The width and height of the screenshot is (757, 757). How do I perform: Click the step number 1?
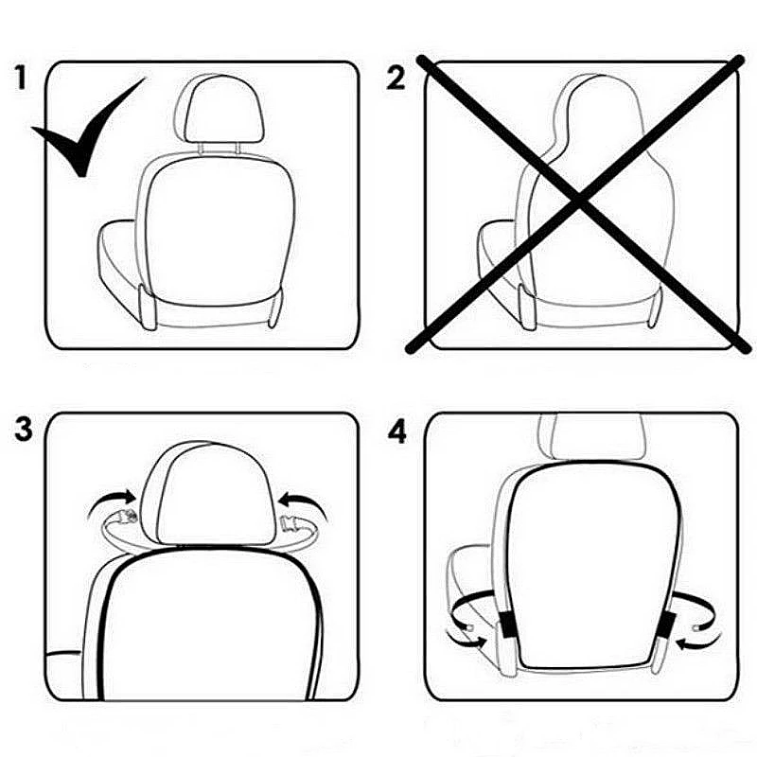click(22, 79)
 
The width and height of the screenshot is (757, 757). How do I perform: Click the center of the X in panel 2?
click(577, 201)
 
